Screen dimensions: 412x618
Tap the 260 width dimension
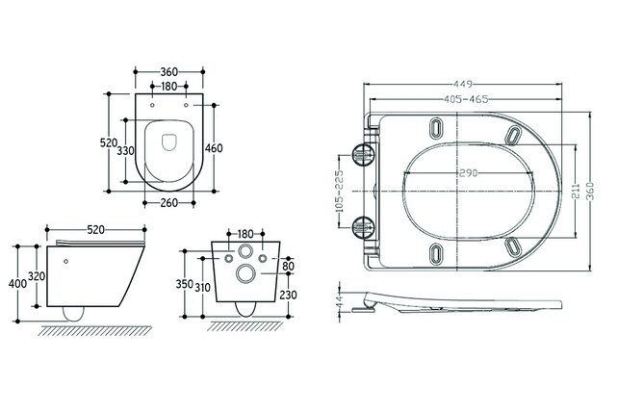[x=169, y=203]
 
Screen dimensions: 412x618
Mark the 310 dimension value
[x=204, y=287]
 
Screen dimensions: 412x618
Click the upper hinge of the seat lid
[x=365, y=153]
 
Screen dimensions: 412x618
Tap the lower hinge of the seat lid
[x=365, y=227]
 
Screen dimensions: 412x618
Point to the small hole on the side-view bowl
[x=65, y=257]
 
